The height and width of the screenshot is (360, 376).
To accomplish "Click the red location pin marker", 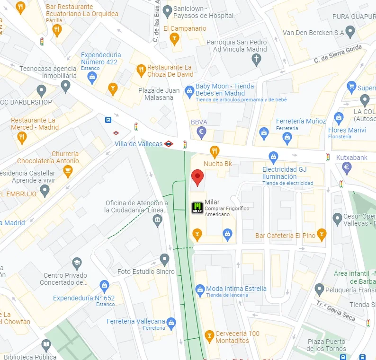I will point(197,178).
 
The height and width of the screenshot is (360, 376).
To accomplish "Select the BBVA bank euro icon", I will point(202,133).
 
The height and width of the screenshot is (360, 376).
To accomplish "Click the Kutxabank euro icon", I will point(347,167).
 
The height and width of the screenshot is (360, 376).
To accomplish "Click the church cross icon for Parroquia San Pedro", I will point(256,60).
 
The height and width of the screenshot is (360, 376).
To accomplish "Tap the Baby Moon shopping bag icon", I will point(189,90).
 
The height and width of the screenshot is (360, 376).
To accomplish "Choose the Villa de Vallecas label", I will point(138,144).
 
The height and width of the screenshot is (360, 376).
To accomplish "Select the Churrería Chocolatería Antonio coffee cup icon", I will point(68,171).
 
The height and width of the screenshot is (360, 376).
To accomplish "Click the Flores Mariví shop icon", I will point(338,118).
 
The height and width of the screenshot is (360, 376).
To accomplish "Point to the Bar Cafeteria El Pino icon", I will point(322,234).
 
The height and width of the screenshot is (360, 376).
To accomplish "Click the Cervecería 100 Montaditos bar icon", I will point(209,336).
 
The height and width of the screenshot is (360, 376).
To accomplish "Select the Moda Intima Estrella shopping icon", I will point(200,289).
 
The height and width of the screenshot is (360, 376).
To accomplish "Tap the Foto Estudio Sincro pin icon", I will point(164,259).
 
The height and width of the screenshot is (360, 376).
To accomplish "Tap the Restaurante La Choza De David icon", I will point(141,71).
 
